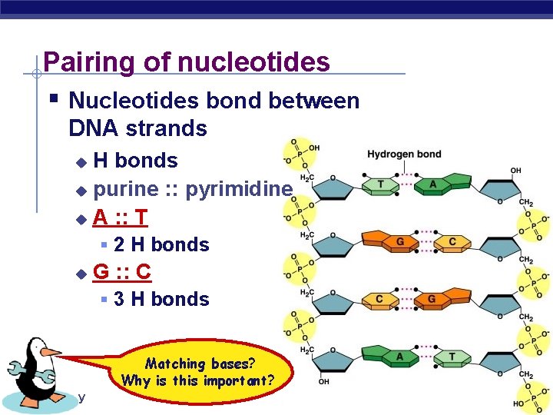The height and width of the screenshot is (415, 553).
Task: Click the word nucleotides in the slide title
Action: (257, 61)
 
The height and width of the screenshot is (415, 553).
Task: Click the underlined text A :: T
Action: (120, 217)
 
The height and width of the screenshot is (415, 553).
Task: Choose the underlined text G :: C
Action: (121, 271)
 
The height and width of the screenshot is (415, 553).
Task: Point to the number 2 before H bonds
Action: (119, 245)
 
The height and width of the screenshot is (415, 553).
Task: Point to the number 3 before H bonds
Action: (119, 299)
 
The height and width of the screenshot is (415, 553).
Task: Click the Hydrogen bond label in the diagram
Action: (404, 154)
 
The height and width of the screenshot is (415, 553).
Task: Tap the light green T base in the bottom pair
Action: (453, 356)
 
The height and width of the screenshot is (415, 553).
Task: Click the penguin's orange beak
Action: (51, 352)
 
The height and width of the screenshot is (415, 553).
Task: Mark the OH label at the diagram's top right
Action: (515, 171)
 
